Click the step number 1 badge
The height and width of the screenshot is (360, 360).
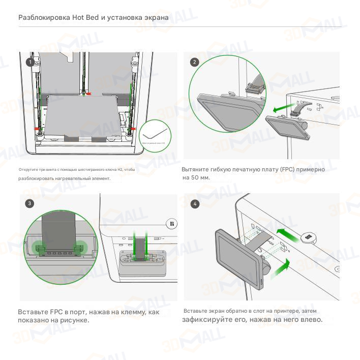coord(31,63)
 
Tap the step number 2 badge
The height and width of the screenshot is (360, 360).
coord(195,63)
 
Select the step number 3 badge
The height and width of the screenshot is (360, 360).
coord(30,203)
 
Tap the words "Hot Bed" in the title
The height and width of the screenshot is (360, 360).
coord(85,18)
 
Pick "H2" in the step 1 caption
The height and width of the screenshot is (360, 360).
coord(119,169)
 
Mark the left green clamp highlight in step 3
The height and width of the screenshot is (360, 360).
coord(39,248)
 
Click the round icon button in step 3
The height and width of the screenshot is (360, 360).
coord(172,223)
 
